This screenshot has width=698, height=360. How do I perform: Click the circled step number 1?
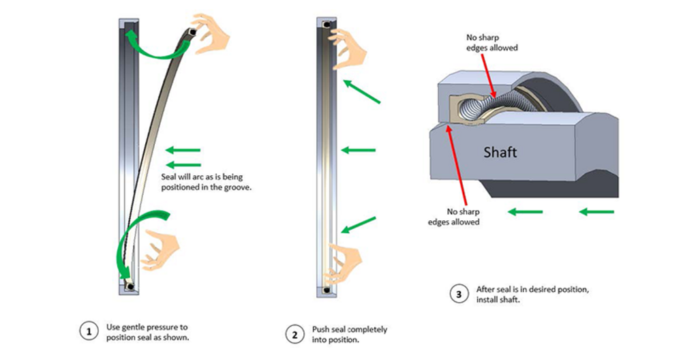88,332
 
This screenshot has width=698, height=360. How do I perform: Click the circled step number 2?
294,334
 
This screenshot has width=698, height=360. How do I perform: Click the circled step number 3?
459,295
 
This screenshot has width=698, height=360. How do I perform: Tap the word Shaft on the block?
500,152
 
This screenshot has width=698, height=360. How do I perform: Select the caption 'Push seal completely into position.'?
349,334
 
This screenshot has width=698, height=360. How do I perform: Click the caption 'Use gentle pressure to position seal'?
147,332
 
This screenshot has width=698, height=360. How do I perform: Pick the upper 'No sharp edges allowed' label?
491,42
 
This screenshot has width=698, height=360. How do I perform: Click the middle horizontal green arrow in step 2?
359,149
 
